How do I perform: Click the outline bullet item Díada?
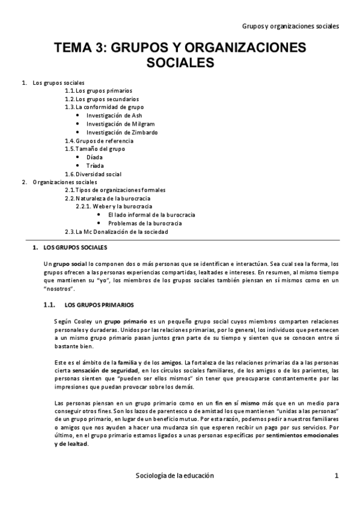[x=94, y=157]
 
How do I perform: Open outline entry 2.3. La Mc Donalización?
[x=117, y=232]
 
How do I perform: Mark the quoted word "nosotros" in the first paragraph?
[x=50, y=288]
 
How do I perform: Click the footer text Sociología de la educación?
[x=175, y=475]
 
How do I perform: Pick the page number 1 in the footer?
[x=337, y=475]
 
